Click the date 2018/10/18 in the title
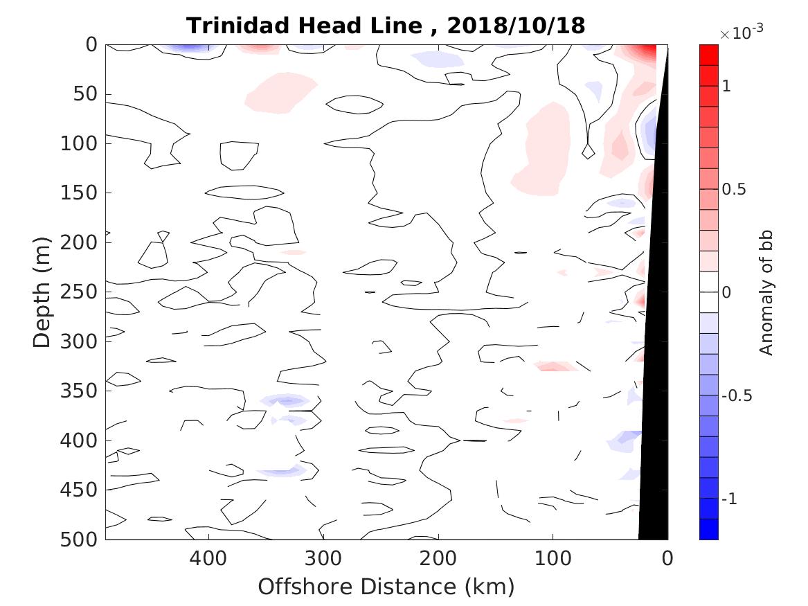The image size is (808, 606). point(516,26)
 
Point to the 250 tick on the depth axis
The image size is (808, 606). point(82,292)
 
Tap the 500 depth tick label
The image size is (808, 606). point(82,540)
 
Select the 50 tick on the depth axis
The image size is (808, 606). point(88,94)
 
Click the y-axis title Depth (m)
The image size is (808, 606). point(42,292)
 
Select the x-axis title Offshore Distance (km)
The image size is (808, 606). point(386,587)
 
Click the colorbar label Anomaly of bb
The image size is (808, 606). point(766,292)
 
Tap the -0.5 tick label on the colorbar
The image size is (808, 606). point(737,395)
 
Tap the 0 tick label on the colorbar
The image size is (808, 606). point(726,292)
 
